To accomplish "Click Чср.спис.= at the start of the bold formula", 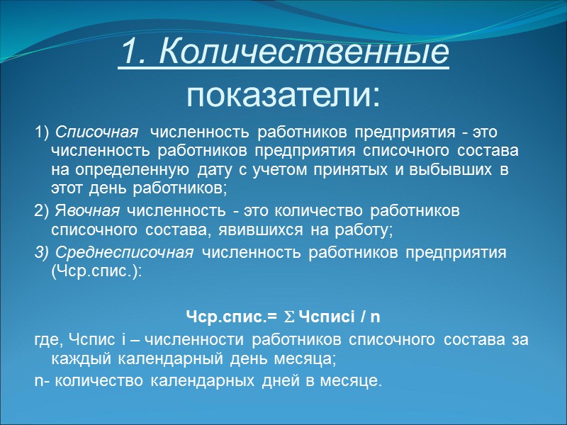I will (x=224, y=315).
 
